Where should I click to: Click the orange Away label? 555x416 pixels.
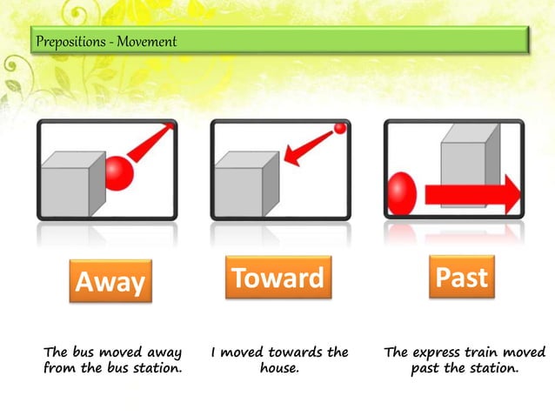(x=110, y=282)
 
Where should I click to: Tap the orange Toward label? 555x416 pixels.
(x=277, y=278)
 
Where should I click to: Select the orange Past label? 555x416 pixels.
(x=461, y=278)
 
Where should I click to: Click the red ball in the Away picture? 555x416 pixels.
(x=119, y=172)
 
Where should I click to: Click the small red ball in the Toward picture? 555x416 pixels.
(x=340, y=129)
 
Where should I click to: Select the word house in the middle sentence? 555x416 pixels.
(x=279, y=368)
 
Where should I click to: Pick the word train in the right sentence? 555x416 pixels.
(x=492, y=352)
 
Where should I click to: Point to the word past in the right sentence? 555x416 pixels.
(x=426, y=368)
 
